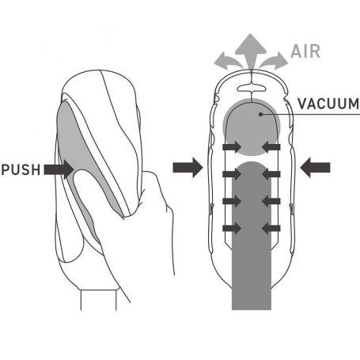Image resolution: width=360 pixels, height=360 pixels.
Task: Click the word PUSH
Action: [21, 169]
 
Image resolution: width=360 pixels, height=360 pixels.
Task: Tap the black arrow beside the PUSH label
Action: [59, 169]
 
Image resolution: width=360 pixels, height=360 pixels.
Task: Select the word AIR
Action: [305, 51]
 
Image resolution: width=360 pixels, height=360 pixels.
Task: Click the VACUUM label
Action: [328, 104]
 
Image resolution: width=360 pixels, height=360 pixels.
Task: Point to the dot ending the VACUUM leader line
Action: [260, 114]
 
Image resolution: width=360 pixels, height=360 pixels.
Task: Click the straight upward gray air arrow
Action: [251, 51]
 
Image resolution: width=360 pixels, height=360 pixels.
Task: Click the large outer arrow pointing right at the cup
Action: [188, 168]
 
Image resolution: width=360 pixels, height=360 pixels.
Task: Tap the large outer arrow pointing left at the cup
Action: [315, 168]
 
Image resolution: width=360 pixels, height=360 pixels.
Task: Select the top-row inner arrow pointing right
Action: [232, 147]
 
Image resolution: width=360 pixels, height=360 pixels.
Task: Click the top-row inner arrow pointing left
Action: [271, 147]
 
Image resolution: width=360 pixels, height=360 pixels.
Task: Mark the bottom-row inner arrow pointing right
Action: [232, 228]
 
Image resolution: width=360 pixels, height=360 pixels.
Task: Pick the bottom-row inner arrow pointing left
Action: [271, 228]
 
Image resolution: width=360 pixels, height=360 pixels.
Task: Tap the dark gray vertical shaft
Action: [252, 237]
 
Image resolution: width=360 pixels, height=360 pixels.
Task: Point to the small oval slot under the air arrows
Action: [251, 88]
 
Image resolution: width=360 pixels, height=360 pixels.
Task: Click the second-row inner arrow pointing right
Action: [232, 174]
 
